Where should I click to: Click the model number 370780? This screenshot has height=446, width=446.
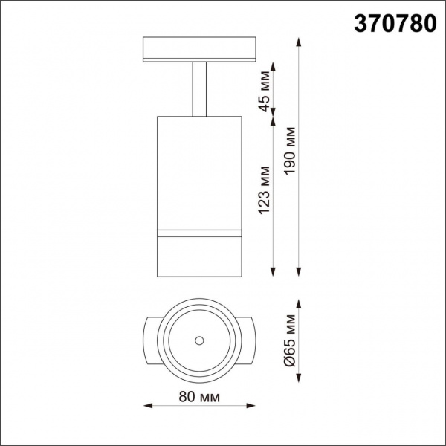click(392, 24)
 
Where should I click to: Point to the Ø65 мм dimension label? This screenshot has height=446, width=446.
click(291, 341)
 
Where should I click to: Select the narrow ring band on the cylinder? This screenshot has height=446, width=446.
click(199, 234)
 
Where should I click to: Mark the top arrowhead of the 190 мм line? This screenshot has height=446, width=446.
click(300, 37)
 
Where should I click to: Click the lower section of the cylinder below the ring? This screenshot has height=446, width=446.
click(199, 256)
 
